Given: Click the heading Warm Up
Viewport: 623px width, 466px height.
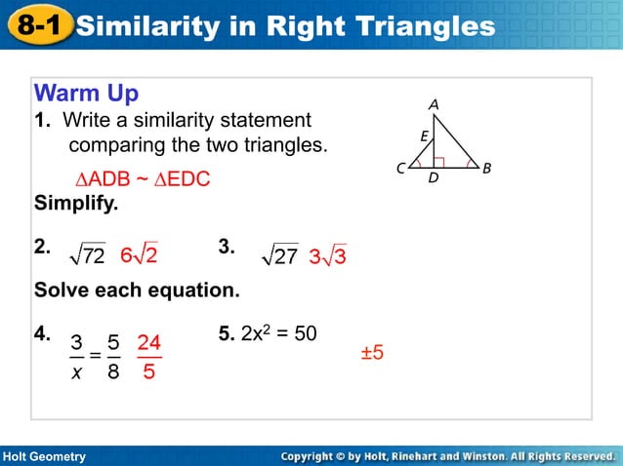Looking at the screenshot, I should tap(86, 94).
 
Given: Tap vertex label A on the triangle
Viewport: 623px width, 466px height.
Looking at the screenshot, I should tap(433, 103).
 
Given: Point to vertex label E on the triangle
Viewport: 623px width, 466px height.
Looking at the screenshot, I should tap(424, 137).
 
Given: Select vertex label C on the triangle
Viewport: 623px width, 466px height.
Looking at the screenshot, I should tap(400, 169).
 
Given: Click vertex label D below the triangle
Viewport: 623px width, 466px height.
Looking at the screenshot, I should tap(434, 179).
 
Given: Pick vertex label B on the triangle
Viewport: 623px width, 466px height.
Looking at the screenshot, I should tap(487, 169).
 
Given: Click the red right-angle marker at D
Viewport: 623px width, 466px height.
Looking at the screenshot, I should tap(439, 163).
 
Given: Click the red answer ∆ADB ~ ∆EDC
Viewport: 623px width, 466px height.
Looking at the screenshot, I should tap(143, 181).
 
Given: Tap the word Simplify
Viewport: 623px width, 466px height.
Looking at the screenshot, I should tap(75, 205).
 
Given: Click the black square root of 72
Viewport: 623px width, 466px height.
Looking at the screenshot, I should tap(88, 256).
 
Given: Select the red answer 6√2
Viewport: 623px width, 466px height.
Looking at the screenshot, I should tap(140, 255).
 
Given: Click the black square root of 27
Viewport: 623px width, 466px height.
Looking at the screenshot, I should tap(281, 256).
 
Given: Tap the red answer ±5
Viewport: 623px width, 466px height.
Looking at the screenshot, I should tap(372, 352).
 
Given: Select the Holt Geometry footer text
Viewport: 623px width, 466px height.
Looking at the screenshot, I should tap(44, 456).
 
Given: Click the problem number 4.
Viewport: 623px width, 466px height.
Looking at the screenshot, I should tap(43, 334).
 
